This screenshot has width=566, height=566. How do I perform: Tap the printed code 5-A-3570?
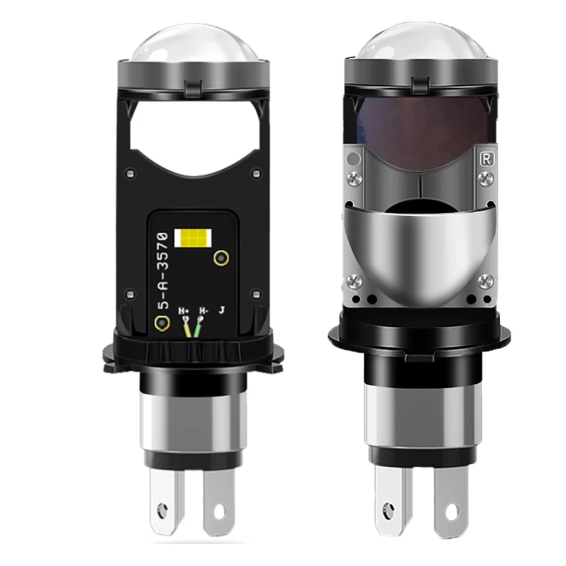pos(163,270)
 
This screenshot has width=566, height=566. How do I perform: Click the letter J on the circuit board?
pos(222,309)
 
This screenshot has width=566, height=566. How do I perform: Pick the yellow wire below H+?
pos(188,330)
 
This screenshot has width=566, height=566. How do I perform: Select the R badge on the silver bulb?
pos(485,158)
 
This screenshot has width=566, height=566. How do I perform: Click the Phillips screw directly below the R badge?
pos(485,178)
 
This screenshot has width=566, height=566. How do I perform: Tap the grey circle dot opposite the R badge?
pos(353,159)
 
